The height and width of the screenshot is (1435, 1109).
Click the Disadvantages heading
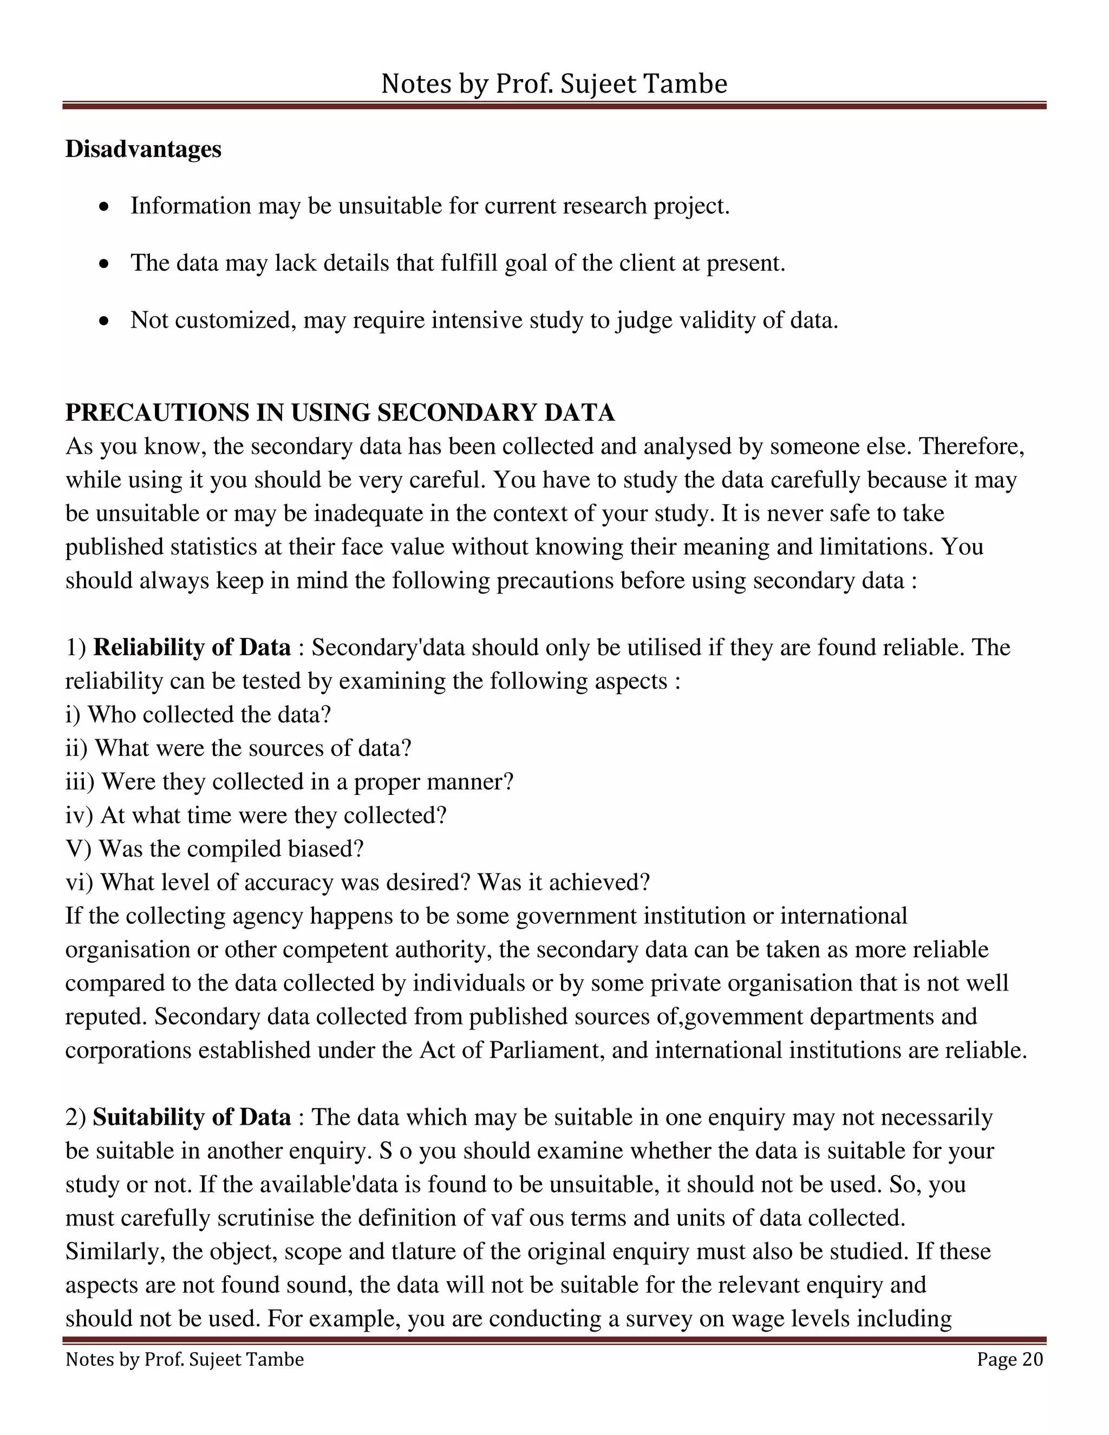(143, 149)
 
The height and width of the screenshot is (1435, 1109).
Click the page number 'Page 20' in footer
(1009, 1359)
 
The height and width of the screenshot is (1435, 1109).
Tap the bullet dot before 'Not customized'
(104, 321)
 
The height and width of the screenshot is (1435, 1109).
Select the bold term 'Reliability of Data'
(192, 647)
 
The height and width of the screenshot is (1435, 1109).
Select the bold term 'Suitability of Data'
(192, 1117)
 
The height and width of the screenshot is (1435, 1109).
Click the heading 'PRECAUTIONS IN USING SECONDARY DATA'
(340, 413)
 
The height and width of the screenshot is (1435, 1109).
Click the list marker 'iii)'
(80, 782)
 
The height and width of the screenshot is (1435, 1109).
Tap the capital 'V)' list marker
(78, 849)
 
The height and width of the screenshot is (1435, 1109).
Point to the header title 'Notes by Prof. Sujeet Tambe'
(554, 84)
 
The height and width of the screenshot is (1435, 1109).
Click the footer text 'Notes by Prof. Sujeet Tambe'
(185, 1359)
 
